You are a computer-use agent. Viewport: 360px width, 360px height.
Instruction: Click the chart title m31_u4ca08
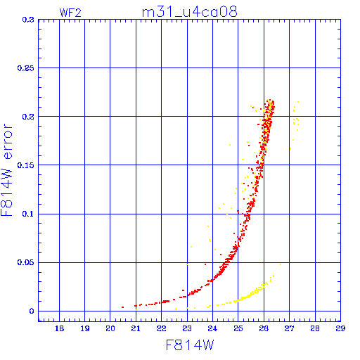190,12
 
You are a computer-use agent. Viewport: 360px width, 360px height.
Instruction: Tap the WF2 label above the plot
70,13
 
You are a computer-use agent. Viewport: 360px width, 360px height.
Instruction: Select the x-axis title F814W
190,345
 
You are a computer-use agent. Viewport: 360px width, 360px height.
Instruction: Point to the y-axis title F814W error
6,170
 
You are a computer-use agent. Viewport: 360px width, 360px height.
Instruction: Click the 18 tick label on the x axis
60,328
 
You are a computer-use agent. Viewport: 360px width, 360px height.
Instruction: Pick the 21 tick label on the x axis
136,328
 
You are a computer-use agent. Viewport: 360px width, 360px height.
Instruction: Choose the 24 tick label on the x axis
212,328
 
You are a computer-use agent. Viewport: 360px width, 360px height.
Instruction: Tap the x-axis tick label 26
264,328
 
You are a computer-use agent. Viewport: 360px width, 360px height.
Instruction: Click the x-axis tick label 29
340,328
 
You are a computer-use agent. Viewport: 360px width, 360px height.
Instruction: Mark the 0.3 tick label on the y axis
28,20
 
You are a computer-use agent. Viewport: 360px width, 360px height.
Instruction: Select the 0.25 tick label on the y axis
26,68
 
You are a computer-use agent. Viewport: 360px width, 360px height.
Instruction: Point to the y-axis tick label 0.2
28,117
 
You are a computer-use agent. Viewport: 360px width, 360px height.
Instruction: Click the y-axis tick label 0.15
26,165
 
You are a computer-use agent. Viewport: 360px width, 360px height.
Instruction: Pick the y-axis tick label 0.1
28,214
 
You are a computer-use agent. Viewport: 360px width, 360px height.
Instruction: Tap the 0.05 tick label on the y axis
26,262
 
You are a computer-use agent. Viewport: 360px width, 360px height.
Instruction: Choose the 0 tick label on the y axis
32,311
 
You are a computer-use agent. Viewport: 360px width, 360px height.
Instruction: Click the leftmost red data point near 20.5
122,307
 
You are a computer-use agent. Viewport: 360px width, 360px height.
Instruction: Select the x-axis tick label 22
162,328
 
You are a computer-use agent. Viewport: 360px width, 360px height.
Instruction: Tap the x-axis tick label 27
290,328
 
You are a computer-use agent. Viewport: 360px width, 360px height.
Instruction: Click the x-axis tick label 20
110,328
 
